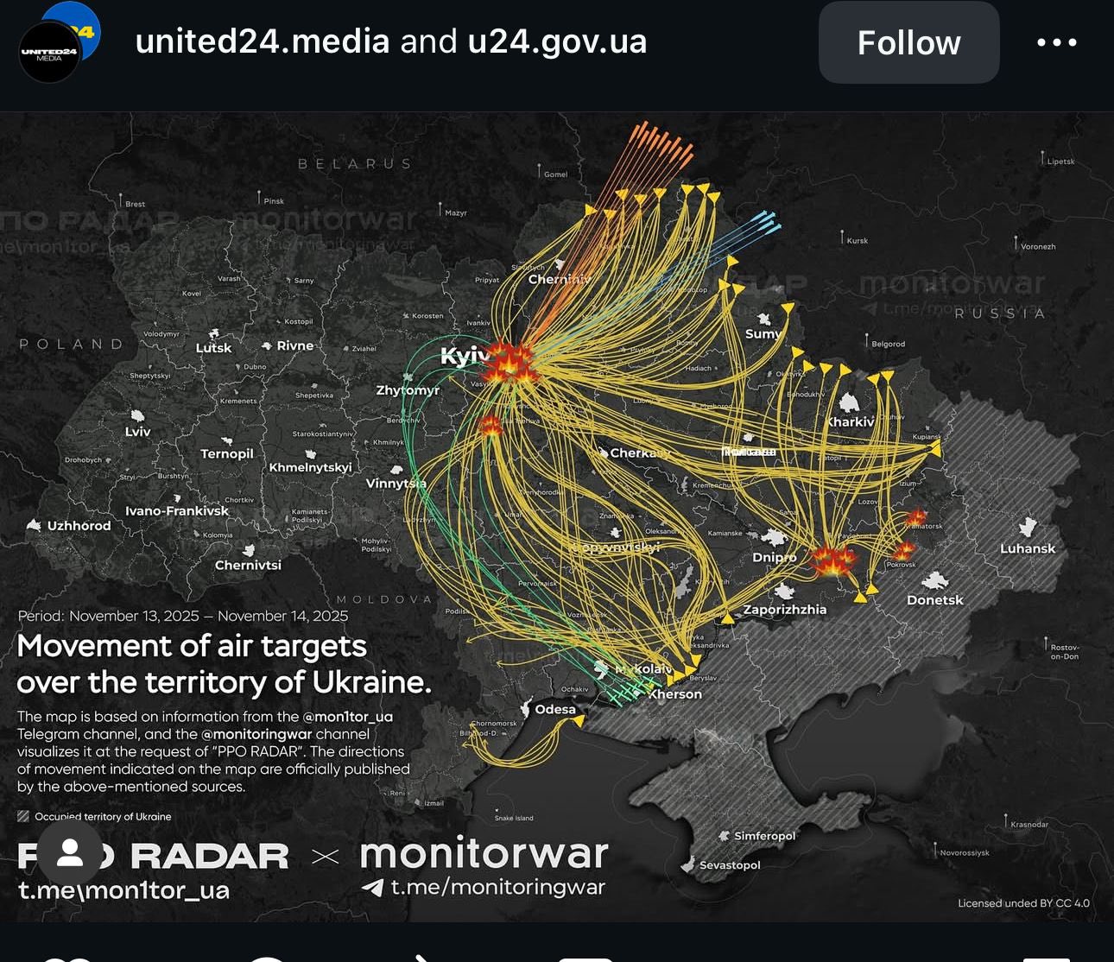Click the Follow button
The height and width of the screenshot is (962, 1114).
point(908,42)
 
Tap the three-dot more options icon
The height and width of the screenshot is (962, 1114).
point(1056,42)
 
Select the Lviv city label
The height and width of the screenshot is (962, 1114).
point(138,432)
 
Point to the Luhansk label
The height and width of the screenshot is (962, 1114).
point(1028,548)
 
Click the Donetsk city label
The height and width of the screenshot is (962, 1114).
point(934,599)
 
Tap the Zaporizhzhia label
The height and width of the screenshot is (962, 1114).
point(785,610)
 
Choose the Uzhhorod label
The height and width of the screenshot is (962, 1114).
point(79,525)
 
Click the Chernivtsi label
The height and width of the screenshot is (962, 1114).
point(248,565)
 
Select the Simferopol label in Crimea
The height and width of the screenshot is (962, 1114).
point(764,836)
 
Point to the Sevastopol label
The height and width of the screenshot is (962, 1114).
point(730,864)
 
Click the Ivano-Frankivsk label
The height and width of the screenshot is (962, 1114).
point(177,510)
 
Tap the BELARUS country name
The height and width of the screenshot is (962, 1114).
point(355,163)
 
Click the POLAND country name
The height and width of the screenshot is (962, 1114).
point(73,344)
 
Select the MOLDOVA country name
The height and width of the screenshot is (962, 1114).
point(383,599)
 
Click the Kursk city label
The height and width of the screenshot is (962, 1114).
point(857,241)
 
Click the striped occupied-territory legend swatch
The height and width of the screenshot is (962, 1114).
point(23,816)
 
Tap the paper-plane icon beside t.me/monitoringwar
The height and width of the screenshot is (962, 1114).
point(372,887)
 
